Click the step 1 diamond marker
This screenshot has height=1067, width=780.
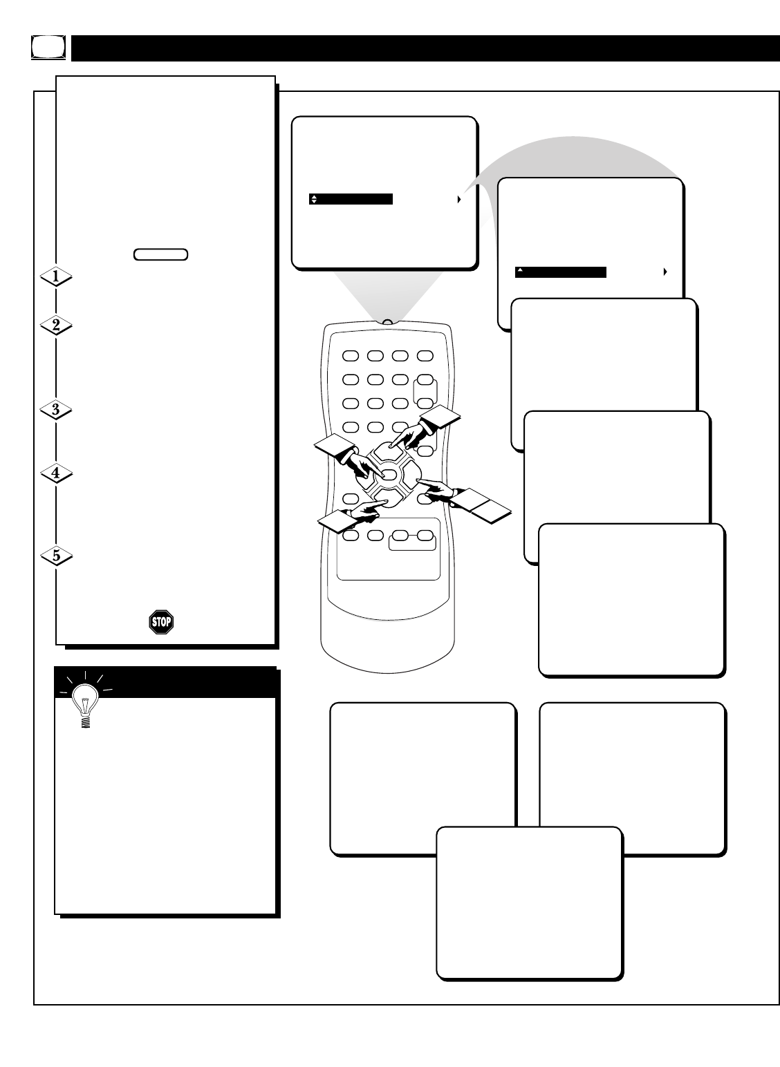tap(56, 276)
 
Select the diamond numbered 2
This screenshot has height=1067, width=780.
tap(56, 325)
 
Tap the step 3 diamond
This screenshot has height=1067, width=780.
tap(56, 409)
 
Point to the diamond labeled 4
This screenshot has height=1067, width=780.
tap(56, 473)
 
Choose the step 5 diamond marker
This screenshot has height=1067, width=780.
tap(56, 556)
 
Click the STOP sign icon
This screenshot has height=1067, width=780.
tap(161, 622)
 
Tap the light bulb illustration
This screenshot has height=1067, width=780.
tap(85, 700)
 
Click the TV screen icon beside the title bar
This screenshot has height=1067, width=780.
tap(48, 47)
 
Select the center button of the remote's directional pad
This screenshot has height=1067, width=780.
tap(389, 475)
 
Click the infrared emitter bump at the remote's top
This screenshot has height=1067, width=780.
tap(388, 322)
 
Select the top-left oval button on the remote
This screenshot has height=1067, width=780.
tap(351, 356)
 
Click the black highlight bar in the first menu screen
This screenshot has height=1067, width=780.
tap(351, 199)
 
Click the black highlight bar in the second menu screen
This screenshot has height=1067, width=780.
tap(561, 272)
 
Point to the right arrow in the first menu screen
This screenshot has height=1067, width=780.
tap(459, 199)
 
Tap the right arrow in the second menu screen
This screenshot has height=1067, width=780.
tap(665, 272)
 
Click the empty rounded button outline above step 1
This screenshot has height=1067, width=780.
tap(160, 254)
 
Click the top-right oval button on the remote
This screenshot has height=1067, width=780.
tap(425, 356)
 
